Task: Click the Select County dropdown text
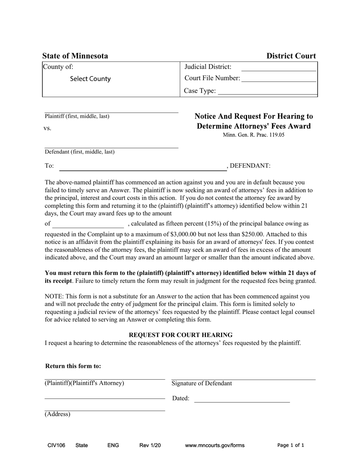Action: (90, 79)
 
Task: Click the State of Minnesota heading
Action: (75, 56)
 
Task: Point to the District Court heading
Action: (291, 56)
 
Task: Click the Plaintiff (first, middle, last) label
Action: (77, 116)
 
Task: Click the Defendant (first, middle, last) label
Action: (80, 152)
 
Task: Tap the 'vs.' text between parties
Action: (47, 128)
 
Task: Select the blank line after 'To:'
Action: (143, 167)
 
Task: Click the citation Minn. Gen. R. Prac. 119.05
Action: (254, 135)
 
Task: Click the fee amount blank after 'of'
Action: (88, 224)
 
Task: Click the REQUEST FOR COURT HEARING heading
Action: (181, 335)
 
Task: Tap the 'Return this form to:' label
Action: (73, 366)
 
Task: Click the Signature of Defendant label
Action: (202, 383)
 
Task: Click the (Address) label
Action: (58, 414)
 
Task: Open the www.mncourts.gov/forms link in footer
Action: (214, 446)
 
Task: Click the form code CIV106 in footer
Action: (56, 446)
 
